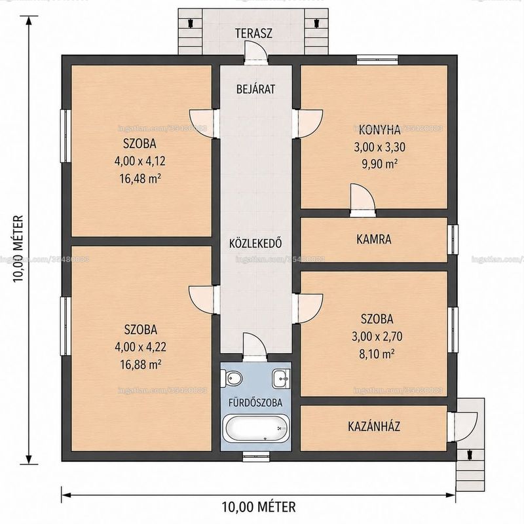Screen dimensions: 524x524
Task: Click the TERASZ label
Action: (253, 33)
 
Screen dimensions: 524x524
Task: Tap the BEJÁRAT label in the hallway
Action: (255, 89)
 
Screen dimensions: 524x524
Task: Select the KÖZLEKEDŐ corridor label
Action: (255, 243)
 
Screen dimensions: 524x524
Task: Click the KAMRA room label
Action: (373, 239)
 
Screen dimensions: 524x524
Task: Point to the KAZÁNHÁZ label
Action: (374, 426)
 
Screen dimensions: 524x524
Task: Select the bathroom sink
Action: (282, 379)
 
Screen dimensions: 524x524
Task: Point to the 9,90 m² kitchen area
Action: (379, 164)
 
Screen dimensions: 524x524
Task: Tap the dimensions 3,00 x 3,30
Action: (380, 147)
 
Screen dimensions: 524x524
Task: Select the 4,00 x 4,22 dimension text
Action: (140, 347)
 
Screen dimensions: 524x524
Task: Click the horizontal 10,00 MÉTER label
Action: (259, 506)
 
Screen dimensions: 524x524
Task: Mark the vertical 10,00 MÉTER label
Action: (18, 249)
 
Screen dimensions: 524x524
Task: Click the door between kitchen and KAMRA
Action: (363, 200)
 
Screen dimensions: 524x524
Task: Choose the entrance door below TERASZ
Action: (256, 53)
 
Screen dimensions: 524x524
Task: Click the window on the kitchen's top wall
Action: (377, 60)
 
